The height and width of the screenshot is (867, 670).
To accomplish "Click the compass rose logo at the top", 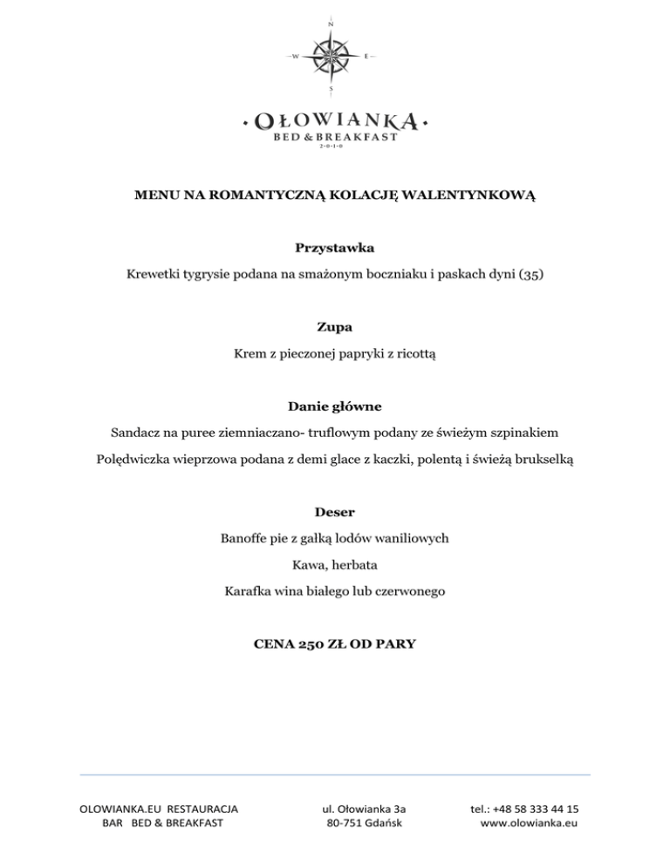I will tap(332, 56).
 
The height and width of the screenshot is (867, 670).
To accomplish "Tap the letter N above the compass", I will tap(332, 24).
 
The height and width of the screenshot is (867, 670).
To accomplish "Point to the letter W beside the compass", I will tap(296, 57).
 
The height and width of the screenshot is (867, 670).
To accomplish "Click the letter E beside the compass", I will tap(366, 57).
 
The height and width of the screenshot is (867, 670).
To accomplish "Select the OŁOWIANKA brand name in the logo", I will tap(336, 120).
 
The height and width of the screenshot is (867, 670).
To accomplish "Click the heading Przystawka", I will tap(335, 249).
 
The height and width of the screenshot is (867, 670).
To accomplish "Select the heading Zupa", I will tap(335, 327).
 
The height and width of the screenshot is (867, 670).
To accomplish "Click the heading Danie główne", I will tap(335, 406).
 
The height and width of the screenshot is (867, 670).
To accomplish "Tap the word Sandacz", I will tap(138, 432).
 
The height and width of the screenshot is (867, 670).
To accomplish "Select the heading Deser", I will tap(335, 511).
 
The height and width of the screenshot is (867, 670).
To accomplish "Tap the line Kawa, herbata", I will tap(335, 565).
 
